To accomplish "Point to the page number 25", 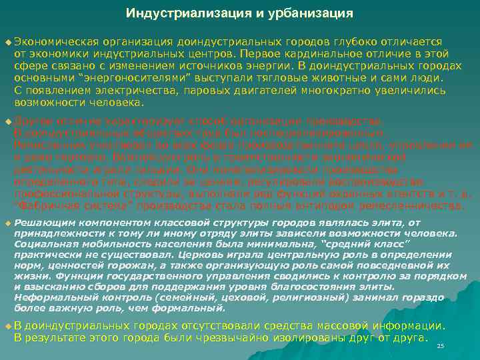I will point(439,347).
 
